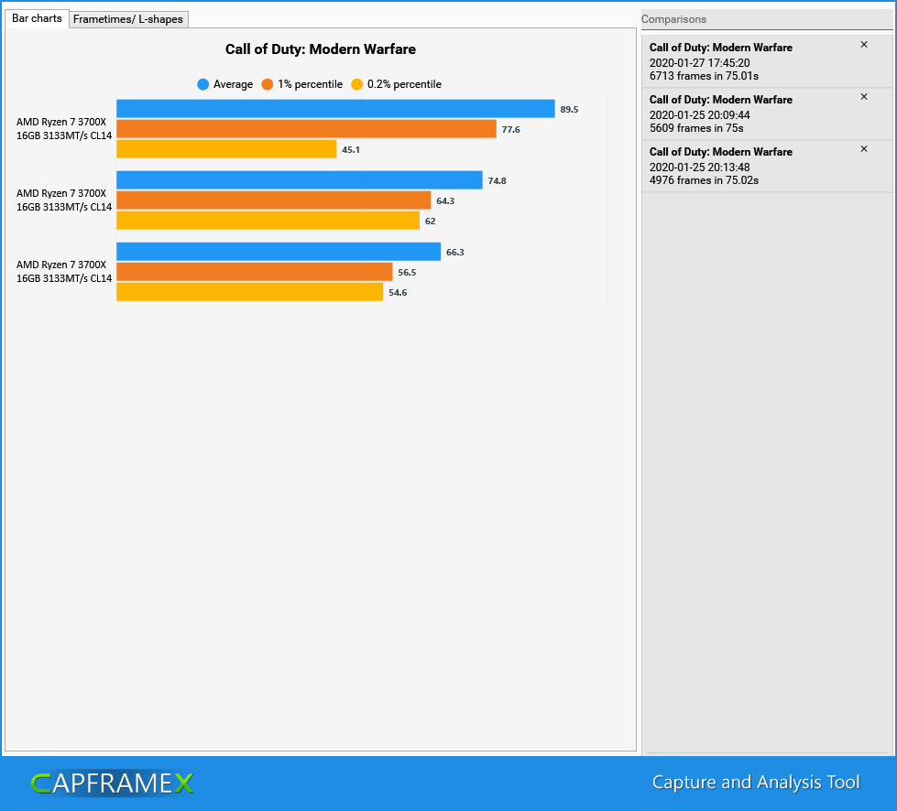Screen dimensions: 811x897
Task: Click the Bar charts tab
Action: tap(37, 18)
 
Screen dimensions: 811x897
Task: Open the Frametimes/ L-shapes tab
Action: tap(128, 19)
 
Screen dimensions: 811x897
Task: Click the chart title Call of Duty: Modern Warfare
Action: tap(321, 49)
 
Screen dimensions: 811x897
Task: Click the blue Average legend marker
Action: tap(203, 84)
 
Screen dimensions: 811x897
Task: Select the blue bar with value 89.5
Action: tap(335, 109)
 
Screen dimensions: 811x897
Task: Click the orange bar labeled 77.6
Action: tap(306, 129)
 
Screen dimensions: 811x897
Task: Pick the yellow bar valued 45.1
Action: tap(226, 149)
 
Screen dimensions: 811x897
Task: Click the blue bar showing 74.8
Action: tap(299, 180)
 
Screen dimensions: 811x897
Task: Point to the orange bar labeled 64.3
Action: tap(273, 200)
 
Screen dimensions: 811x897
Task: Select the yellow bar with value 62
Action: tap(268, 221)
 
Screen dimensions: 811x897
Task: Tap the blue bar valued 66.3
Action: tap(279, 252)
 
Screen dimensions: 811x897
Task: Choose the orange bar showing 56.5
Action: tap(255, 272)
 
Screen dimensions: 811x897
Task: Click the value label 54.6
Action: tap(398, 293)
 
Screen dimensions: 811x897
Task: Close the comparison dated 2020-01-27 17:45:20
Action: tap(863, 45)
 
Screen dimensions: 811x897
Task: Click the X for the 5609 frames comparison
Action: tap(863, 97)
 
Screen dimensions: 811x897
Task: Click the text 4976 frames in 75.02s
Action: tap(704, 180)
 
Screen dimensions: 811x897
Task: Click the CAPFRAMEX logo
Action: tap(112, 783)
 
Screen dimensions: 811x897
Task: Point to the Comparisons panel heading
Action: tap(673, 19)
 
